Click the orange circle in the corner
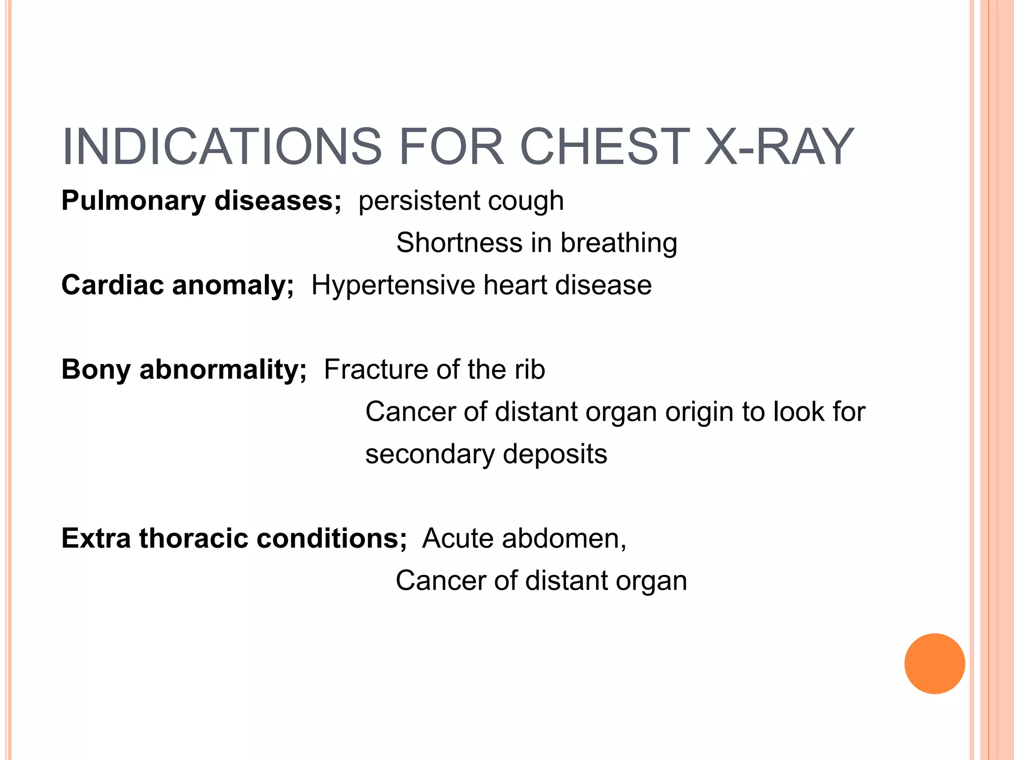point(934,664)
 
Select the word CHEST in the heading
point(604,147)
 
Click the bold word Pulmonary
point(134,201)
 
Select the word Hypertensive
point(393,285)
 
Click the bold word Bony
point(96,370)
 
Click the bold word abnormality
point(223,370)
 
